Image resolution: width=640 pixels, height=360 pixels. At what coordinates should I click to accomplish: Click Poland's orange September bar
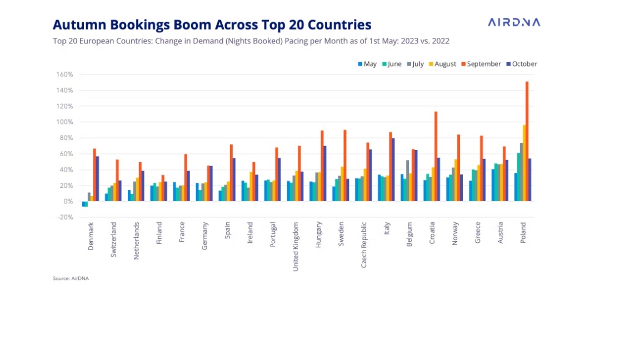(x=527, y=141)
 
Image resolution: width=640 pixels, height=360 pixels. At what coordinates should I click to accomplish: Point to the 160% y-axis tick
(x=65, y=74)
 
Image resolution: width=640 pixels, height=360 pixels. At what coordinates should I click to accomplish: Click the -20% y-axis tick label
(x=65, y=217)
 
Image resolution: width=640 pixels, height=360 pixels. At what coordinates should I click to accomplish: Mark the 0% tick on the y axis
(x=68, y=201)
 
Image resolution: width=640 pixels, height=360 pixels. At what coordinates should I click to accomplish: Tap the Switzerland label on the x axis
(x=113, y=239)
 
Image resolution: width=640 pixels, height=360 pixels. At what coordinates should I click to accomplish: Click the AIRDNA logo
(x=513, y=22)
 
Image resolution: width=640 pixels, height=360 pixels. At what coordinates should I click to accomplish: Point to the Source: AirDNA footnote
(x=71, y=278)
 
